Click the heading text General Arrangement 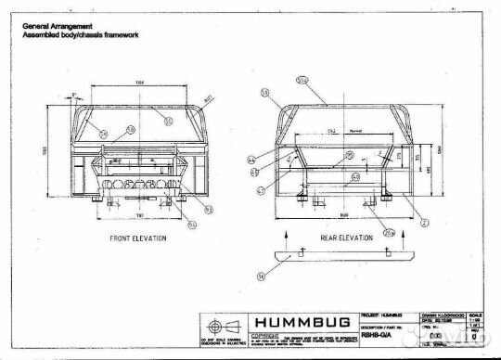point(55,26)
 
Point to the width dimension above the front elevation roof point(140,83)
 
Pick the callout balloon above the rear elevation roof point(301,80)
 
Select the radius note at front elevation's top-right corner point(211,96)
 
